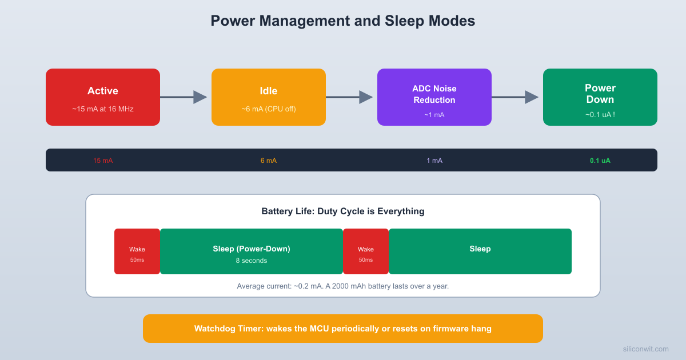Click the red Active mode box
(103, 97)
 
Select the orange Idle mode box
(269, 97)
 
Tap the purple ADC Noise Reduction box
(434, 97)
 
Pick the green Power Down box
(600, 97)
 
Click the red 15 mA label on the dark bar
(103, 161)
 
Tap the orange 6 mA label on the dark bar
(269, 161)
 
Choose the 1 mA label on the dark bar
(434, 161)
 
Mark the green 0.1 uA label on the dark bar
(600, 161)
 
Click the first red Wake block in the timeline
(137, 251)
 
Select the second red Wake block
(366, 251)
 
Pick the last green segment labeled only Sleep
(480, 251)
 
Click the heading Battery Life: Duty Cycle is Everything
(343, 211)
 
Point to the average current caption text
(343, 286)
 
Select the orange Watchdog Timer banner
(343, 329)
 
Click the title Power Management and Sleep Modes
(343, 21)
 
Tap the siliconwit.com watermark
(645, 349)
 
